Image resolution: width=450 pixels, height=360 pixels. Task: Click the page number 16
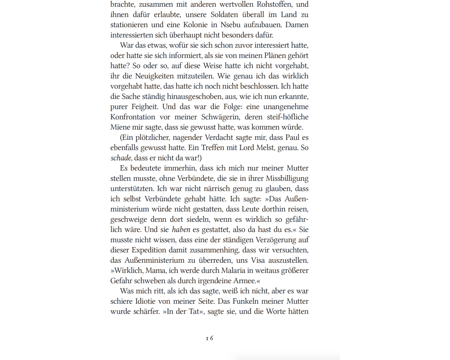[210, 338]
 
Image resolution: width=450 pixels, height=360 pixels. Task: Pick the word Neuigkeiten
[155, 76]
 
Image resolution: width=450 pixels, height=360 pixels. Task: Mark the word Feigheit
[143, 107]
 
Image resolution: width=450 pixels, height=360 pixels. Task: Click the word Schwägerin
[214, 117]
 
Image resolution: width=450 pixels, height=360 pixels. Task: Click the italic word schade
[121, 158]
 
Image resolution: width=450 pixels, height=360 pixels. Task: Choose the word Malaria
[234, 270]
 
